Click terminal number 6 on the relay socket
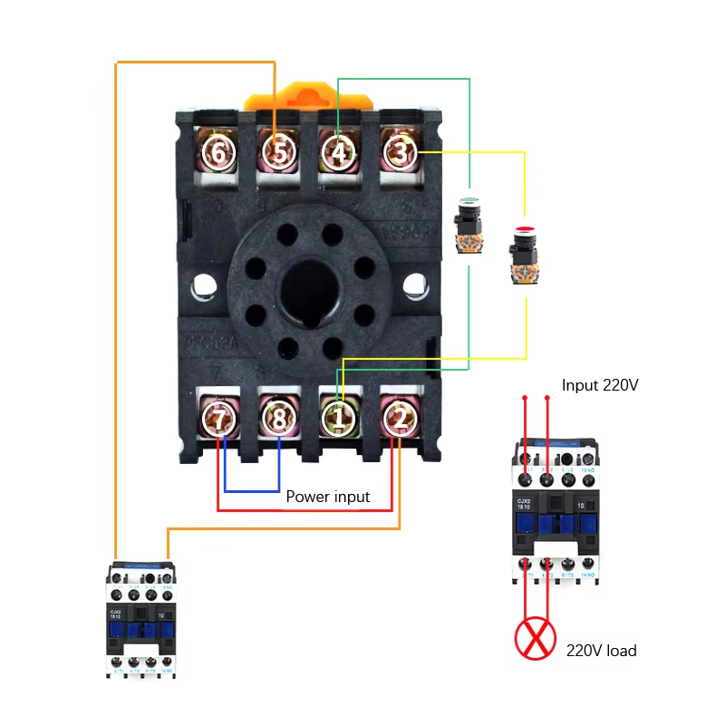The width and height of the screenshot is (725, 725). coord(218,153)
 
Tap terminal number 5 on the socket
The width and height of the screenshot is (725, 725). coord(279,153)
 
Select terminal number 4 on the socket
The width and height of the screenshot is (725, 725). coord(339,153)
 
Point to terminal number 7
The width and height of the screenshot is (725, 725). coord(219,418)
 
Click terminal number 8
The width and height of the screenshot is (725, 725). coord(279,418)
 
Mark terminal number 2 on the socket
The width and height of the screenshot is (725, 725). coord(399,418)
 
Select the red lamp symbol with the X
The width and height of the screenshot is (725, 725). coord(535,639)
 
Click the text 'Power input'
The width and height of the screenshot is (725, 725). coord(328,497)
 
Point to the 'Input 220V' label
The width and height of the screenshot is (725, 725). coord(600,385)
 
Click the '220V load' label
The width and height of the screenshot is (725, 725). coord(601,651)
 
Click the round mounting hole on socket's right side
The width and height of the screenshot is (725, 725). coord(414,286)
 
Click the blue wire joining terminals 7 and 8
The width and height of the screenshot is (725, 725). coord(252,491)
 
